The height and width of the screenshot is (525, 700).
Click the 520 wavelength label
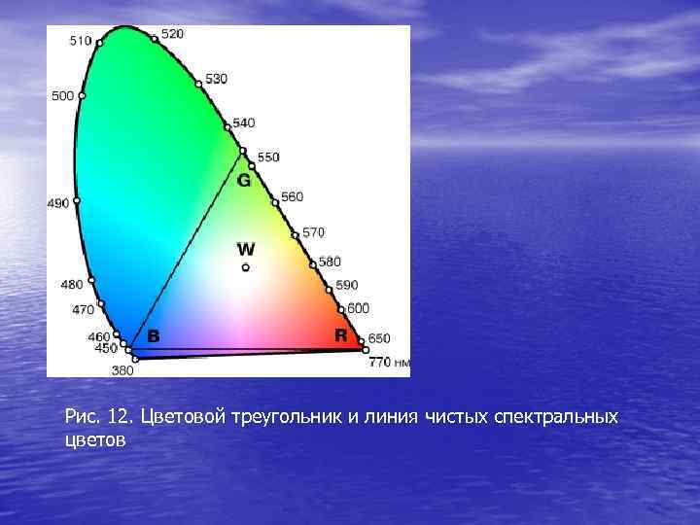(x=172, y=34)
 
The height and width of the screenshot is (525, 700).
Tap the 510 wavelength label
(x=81, y=41)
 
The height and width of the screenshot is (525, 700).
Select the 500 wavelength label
(x=62, y=96)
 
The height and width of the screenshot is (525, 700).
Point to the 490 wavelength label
(x=58, y=203)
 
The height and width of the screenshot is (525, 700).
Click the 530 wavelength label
(x=217, y=79)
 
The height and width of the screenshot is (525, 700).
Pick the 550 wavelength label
(x=268, y=157)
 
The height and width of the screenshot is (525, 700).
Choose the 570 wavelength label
(x=313, y=233)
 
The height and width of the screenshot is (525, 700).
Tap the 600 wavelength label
(x=358, y=308)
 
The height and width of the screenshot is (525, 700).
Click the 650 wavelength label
(x=378, y=338)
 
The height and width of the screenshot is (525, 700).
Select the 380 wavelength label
(x=122, y=370)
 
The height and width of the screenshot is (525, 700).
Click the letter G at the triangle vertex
(x=244, y=181)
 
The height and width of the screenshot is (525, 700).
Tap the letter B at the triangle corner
(x=153, y=336)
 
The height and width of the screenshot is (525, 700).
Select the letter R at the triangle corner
(x=340, y=335)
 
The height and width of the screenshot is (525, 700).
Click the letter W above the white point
(x=246, y=250)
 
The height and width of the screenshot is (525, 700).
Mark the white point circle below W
(x=246, y=267)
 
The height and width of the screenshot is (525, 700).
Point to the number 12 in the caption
(x=120, y=417)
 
